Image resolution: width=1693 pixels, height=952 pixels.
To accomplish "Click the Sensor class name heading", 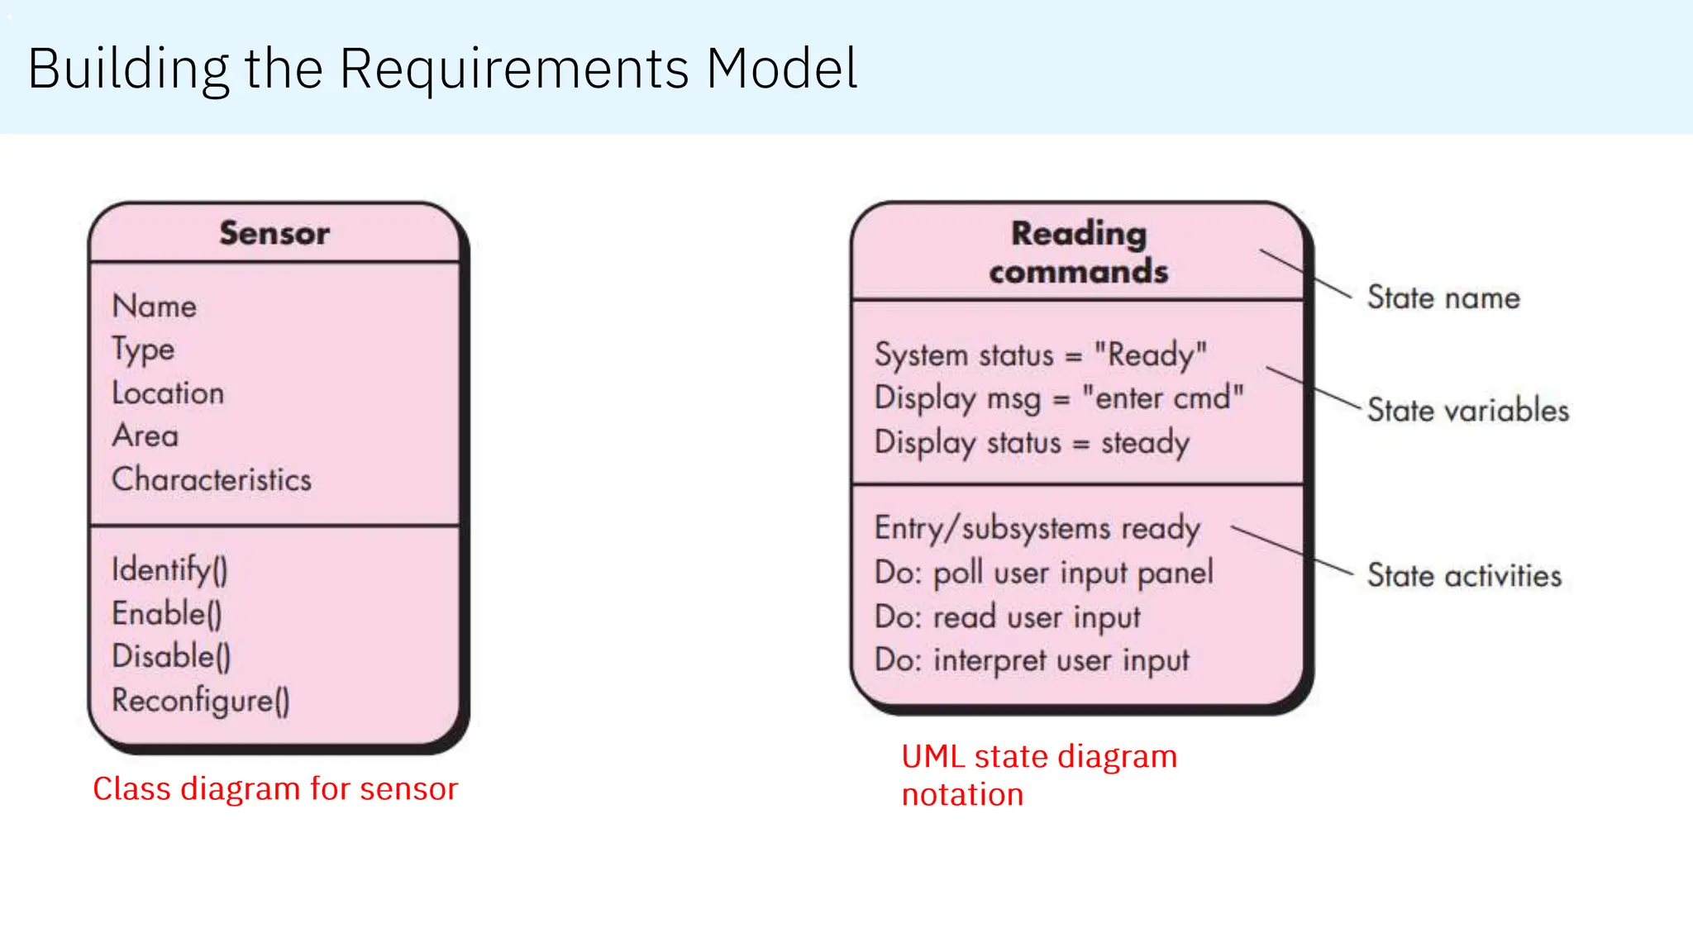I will pos(274,233).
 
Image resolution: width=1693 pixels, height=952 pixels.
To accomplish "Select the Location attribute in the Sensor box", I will pos(168,393).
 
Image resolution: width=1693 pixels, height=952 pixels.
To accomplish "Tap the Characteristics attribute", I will pos(212,480).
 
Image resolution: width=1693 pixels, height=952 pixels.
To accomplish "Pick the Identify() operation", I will pos(169,570).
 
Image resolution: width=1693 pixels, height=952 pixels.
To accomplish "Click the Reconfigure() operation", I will pos(201,701).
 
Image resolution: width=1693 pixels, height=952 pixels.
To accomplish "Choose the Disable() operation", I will pos(171,657).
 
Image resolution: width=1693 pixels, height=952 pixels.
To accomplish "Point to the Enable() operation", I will pos(167,614).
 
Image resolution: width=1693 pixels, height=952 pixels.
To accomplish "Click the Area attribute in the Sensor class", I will pos(145,436).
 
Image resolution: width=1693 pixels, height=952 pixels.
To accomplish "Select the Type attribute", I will pos(143,350).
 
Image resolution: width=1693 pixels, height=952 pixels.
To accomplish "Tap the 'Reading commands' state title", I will pos(1079,252).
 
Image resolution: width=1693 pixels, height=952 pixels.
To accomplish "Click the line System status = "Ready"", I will pos(1041,355).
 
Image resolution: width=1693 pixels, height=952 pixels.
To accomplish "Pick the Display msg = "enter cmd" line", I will pos(1059,398).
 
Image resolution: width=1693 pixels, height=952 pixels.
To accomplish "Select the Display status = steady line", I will pos(1032,443).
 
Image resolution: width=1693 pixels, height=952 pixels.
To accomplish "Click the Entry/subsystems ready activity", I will pos(1037,529).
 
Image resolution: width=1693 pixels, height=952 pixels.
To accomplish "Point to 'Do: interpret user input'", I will pos(1032,660).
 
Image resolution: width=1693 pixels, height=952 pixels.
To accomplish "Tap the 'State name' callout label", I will pos(1443,298).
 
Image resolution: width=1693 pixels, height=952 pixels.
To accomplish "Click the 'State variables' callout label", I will pos(1467,411).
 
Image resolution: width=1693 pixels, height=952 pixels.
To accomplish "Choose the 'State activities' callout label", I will pos(1464,576).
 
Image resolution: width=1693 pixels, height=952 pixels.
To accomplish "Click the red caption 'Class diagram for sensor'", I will pos(275,789).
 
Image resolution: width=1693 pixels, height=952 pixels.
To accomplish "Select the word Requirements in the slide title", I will pos(514,69).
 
